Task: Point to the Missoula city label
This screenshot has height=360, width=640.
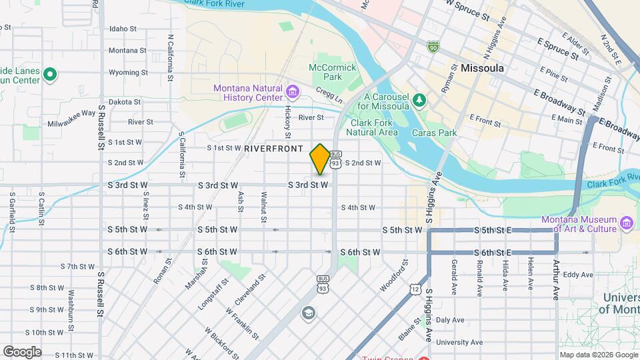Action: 481,68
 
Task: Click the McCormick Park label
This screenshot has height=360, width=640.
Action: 326,72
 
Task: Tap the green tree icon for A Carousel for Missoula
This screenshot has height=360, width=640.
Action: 419,101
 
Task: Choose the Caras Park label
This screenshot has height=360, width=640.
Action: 439,133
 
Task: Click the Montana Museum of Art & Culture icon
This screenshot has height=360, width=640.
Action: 627,222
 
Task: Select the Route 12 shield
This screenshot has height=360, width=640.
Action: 415,289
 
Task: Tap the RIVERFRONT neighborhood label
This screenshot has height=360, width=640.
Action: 273,148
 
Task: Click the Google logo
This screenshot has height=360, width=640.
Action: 22,351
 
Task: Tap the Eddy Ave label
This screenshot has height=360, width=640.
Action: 577,275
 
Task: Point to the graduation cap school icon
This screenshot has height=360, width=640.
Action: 308,313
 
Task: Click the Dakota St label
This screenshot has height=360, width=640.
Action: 125,102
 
